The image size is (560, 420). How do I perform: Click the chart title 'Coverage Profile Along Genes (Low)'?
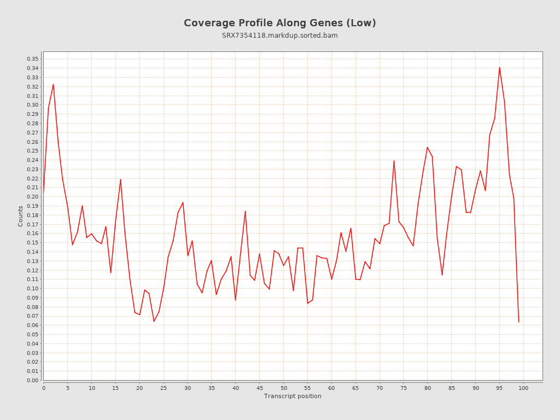click(x=279, y=23)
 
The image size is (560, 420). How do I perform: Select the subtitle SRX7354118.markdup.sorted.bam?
click(x=279, y=36)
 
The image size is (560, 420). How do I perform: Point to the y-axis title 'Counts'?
click(x=21, y=216)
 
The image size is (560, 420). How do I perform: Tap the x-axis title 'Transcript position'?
click(x=293, y=396)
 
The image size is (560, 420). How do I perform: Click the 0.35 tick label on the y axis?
click(x=32, y=59)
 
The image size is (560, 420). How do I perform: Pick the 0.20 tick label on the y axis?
click(x=32, y=197)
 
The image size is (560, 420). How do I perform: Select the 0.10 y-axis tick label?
click(x=32, y=289)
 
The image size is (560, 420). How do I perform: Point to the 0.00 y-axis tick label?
click(x=32, y=381)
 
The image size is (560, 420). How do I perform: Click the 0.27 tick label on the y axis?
click(x=32, y=132)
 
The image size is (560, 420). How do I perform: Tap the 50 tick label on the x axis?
click(x=283, y=388)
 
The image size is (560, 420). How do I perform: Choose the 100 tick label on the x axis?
click(x=523, y=388)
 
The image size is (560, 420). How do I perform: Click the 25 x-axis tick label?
click(x=164, y=388)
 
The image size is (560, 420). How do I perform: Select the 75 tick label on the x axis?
click(x=404, y=388)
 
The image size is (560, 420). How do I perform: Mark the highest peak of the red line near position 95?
click(x=499, y=67)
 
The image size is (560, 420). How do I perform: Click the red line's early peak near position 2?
click(x=53, y=84)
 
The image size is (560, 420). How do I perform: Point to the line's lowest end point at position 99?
click(x=518, y=322)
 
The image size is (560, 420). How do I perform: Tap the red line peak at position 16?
click(x=120, y=179)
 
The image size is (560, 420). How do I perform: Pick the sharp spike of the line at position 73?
click(x=394, y=161)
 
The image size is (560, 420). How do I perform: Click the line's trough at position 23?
click(x=154, y=321)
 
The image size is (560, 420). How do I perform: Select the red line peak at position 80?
click(x=427, y=147)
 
